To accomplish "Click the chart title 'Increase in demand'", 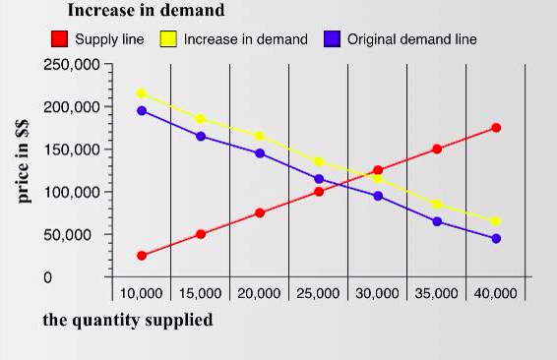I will tap(145, 11).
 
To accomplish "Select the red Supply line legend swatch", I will tap(60, 39).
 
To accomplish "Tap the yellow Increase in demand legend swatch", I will tap(168, 39).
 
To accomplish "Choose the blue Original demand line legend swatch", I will tap(332, 39).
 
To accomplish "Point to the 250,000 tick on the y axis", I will tap(73, 65).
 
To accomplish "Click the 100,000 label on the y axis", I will tap(73, 192).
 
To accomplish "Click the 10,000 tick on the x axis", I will tap(141, 294).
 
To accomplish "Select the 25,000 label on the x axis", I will tap(318, 294).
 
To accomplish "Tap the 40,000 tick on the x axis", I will tap(495, 294).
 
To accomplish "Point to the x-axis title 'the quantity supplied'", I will tap(127, 321).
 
